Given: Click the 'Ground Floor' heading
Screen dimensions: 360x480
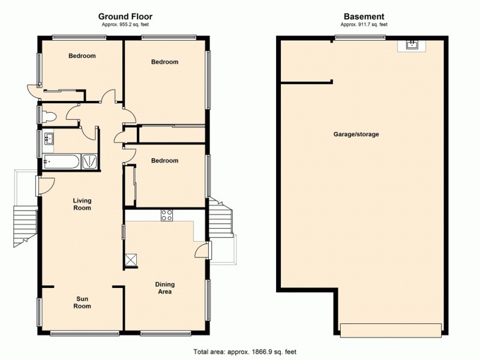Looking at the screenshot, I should click(x=126, y=17).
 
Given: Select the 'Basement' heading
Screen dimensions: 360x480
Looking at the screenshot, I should click(x=364, y=17).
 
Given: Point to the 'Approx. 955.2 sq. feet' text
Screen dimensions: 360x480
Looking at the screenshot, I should click(x=126, y=25).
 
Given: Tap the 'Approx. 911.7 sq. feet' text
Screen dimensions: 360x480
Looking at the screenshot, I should click(x=364, y=25).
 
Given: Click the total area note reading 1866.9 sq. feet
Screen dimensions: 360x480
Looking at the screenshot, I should click(x=244, y=352).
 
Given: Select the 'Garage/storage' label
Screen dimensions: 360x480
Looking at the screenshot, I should click(x=356, y=134).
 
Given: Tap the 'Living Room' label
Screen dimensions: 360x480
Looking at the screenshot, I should click(x=82, y=205).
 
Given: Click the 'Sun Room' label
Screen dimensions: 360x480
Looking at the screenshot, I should click(x=82, y=302).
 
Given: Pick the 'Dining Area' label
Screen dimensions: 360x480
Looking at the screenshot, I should click(x=164, y=288).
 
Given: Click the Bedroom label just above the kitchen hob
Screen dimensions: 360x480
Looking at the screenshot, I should click(x=164, y=161).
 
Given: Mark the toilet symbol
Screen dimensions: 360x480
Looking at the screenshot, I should click(x=49, y=116).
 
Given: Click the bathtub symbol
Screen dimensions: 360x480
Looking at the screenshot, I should click(x=61, y=161).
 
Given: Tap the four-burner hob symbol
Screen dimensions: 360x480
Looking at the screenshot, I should click(x=167, y=215).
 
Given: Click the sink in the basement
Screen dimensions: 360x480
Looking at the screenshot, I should click(x=412, y=45).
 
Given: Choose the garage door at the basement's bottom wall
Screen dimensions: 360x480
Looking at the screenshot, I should click(x=391, y=329).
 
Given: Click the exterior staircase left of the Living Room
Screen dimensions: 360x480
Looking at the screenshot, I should click(x=25, y=225).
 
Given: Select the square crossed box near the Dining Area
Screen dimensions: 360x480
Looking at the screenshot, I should click(x=130, y=259).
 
